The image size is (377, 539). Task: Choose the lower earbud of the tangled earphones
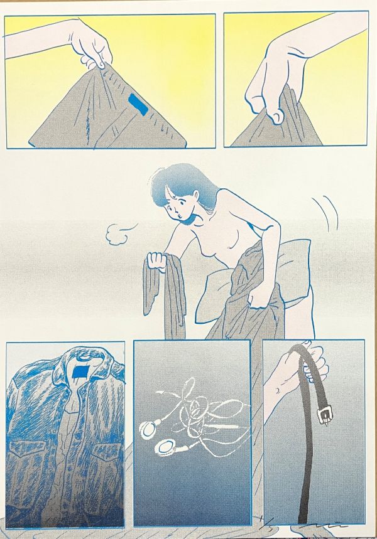point(168,448)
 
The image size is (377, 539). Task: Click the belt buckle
point(325,415)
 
